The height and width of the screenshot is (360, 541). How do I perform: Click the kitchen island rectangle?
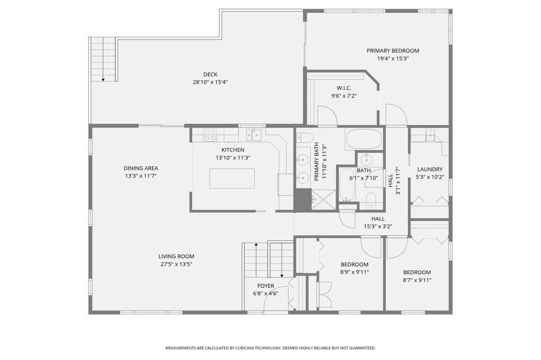click(231, 178)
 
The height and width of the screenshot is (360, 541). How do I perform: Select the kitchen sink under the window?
click(255, 135)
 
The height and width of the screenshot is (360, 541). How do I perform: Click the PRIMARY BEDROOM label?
click(393, 51)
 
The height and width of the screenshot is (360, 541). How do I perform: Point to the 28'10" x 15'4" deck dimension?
click(210, 82)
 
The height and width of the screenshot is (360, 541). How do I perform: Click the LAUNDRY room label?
click(430, 169)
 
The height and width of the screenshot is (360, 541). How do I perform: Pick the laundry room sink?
click(430, 134)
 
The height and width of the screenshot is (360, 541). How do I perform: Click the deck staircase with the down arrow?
click(103, 59)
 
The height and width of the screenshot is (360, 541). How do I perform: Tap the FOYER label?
click(265, 286)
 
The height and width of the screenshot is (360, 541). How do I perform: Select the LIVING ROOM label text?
click(176, 257)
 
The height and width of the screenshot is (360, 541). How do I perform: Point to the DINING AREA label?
click(141, 168)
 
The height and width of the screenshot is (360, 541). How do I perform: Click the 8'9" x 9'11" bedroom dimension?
click(354, 272)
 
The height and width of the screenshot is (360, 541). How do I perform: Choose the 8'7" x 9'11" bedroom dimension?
click(417, 280)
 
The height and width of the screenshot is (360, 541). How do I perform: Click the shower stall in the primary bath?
click(323, 200)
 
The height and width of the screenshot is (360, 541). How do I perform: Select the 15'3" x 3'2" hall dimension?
click(377, 226)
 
